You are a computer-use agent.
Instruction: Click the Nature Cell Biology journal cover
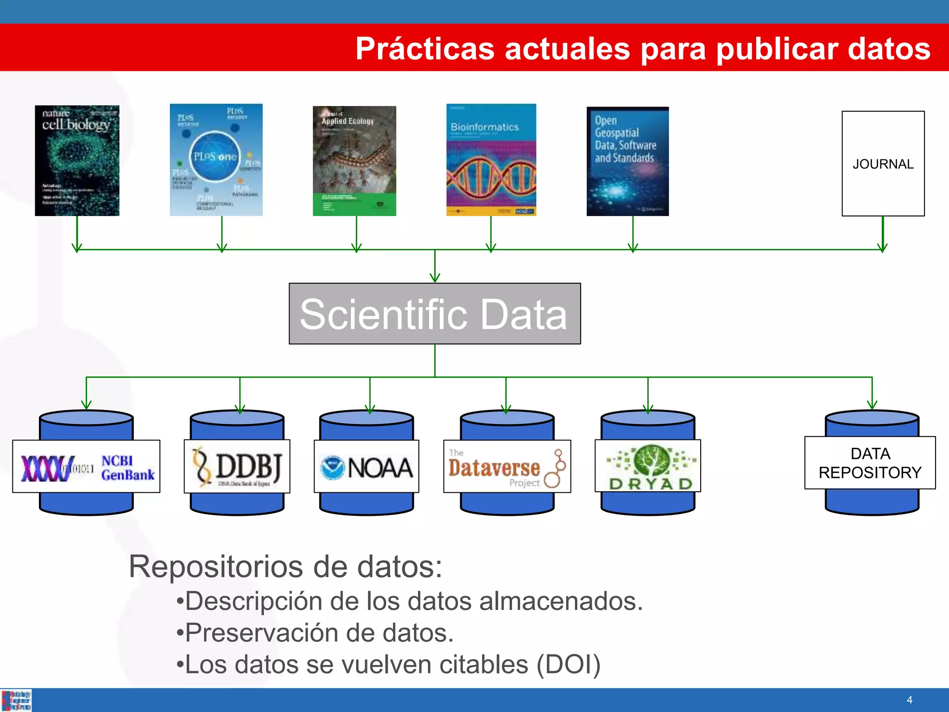tap(77, 160)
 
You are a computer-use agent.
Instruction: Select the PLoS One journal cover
tap(216, 160)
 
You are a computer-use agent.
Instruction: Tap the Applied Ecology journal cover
tap(354, 161)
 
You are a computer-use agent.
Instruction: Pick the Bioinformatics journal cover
tap(491, 160)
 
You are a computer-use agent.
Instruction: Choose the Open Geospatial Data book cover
tap(627, 161)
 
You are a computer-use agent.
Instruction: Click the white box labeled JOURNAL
tap(883, 164)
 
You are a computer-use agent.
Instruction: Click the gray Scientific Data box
tap(434, 314)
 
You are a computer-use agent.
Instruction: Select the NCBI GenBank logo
tap(87, 467)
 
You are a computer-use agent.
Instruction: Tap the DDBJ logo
tap(237, 466)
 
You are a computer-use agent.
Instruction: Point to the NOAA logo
tap(367, 467)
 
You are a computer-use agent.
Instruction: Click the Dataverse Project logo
tap(507, 467)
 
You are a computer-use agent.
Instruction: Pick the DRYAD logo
tap(648, 466)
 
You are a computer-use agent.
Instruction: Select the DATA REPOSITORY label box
tap(870, 463)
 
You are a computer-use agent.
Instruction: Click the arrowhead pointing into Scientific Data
tap(435, 278)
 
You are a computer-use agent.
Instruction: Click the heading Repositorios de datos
tap(285, 566)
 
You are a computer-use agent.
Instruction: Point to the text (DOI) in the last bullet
tap(568, 664)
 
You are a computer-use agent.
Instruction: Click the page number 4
tap(909, 700)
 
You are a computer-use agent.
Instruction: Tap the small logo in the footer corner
tap(16, 700)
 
